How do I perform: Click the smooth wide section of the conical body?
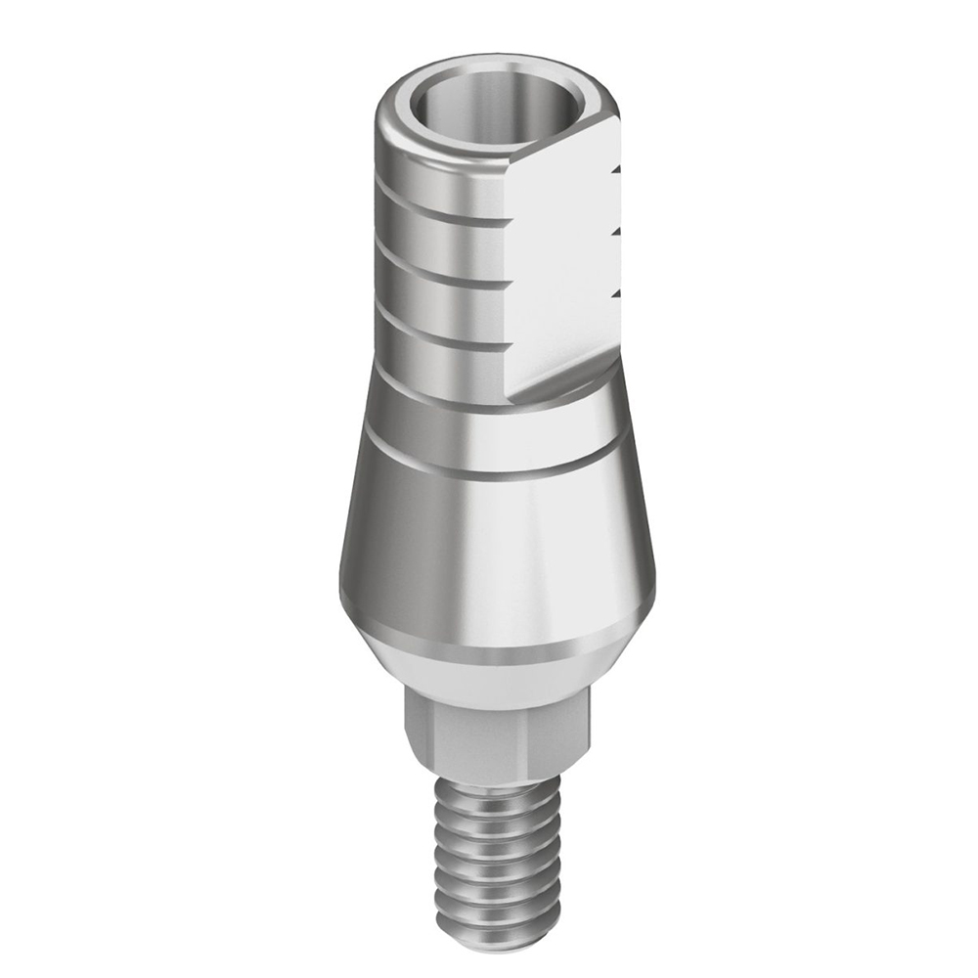click(489, 557)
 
